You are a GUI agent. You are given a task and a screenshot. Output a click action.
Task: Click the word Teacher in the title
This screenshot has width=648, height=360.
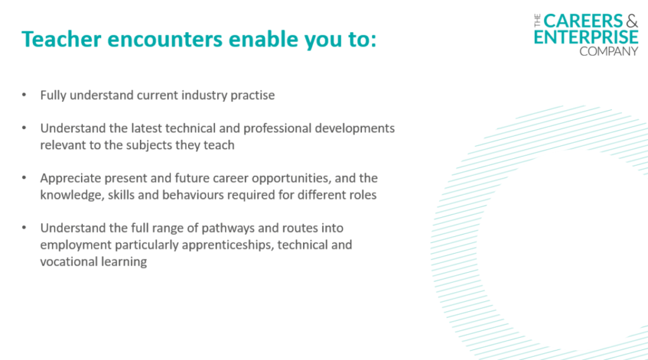[x=61, y=39]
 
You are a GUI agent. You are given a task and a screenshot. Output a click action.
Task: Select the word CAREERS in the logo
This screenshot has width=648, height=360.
[x=583, y=21]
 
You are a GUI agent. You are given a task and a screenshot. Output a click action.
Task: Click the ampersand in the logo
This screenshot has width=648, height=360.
[x=632, y=21]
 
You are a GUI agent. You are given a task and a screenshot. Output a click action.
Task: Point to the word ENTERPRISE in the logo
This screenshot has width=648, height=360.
[x=586, y=37]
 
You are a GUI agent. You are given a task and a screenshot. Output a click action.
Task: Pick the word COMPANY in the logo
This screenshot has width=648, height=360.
[x=609, y=51]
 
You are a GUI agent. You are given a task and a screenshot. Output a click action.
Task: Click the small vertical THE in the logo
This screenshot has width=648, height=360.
[x=537, y=21]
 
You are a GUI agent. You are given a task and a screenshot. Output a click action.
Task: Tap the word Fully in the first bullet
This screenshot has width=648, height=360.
[x=53, y=96]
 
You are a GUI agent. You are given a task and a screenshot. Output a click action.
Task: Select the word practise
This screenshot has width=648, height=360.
[x=252, y=96]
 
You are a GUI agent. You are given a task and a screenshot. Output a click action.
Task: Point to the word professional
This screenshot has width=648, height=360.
[x=277, y=128]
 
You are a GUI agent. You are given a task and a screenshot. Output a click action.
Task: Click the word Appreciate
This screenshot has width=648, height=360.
[x=70, y=178]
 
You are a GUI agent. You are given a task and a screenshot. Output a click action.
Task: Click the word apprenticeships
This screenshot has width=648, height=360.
[x=228, y=245]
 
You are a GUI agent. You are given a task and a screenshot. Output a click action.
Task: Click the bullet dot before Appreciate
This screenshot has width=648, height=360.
[x=24, y=178]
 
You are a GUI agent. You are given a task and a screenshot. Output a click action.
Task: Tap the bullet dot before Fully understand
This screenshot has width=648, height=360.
[x=24, y=95]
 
